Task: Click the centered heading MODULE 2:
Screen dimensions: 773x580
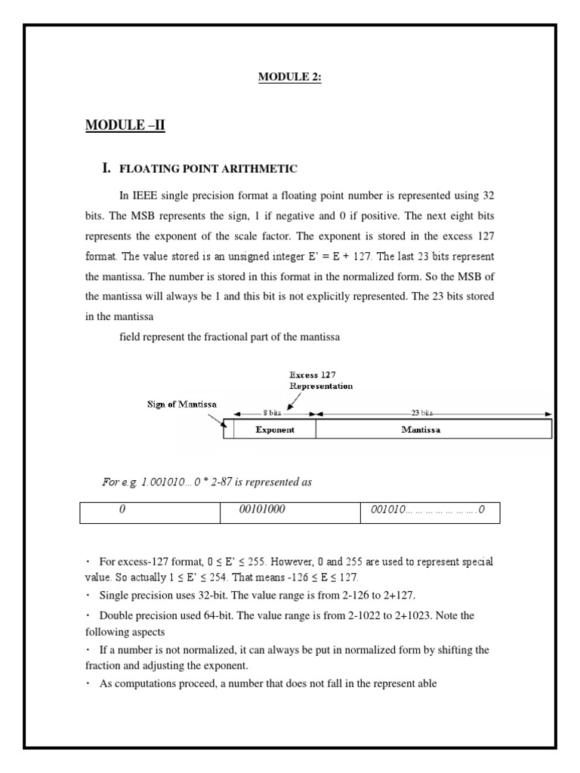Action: [290, 77]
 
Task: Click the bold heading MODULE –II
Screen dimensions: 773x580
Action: [125, 125]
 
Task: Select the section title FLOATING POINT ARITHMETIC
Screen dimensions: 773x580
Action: [208, 169]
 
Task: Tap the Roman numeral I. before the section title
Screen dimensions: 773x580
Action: [106, 168]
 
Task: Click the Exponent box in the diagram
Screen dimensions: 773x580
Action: [274, 430]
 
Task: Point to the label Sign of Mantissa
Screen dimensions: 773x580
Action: [181, 404]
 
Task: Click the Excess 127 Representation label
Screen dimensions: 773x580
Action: [321, 380]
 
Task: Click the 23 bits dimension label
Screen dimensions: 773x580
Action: [421, 414]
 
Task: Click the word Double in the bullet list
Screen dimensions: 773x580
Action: [116, 615]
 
